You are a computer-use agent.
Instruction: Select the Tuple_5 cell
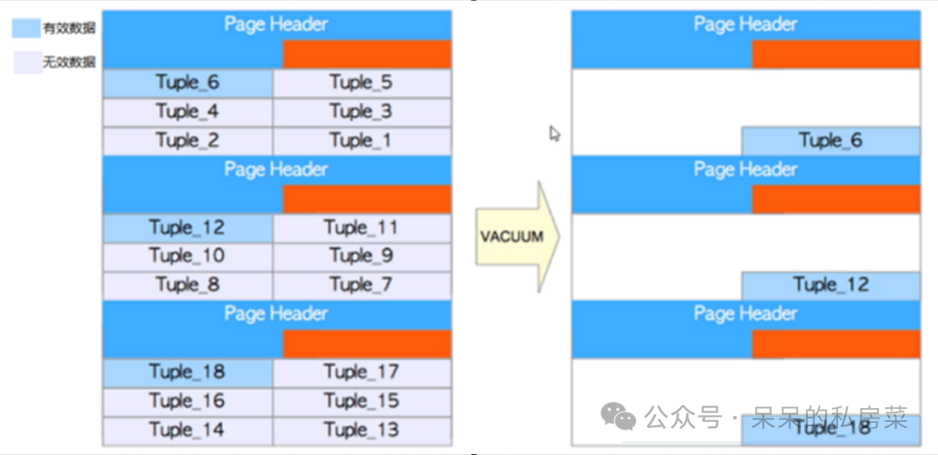[361, 83]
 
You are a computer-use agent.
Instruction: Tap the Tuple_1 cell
[361, 141]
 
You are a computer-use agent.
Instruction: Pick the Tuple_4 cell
[188, 112]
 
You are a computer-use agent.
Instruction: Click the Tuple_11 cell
[361, 228]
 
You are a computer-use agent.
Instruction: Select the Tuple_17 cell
[361, 373]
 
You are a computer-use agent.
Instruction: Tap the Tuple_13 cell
[361, 430]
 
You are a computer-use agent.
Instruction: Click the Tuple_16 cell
[188, 401]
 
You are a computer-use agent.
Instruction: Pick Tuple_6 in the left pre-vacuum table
[188, 83]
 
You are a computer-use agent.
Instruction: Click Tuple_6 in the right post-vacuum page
[830, 141]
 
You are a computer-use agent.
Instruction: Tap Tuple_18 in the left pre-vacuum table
[188, 373]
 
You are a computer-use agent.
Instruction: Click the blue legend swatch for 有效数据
[26, 29]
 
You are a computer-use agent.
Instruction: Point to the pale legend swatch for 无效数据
[26, 62]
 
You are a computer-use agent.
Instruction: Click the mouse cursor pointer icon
[555, 134]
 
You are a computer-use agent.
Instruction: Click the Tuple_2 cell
[188, 141]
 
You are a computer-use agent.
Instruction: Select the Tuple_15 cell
[361, 401]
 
